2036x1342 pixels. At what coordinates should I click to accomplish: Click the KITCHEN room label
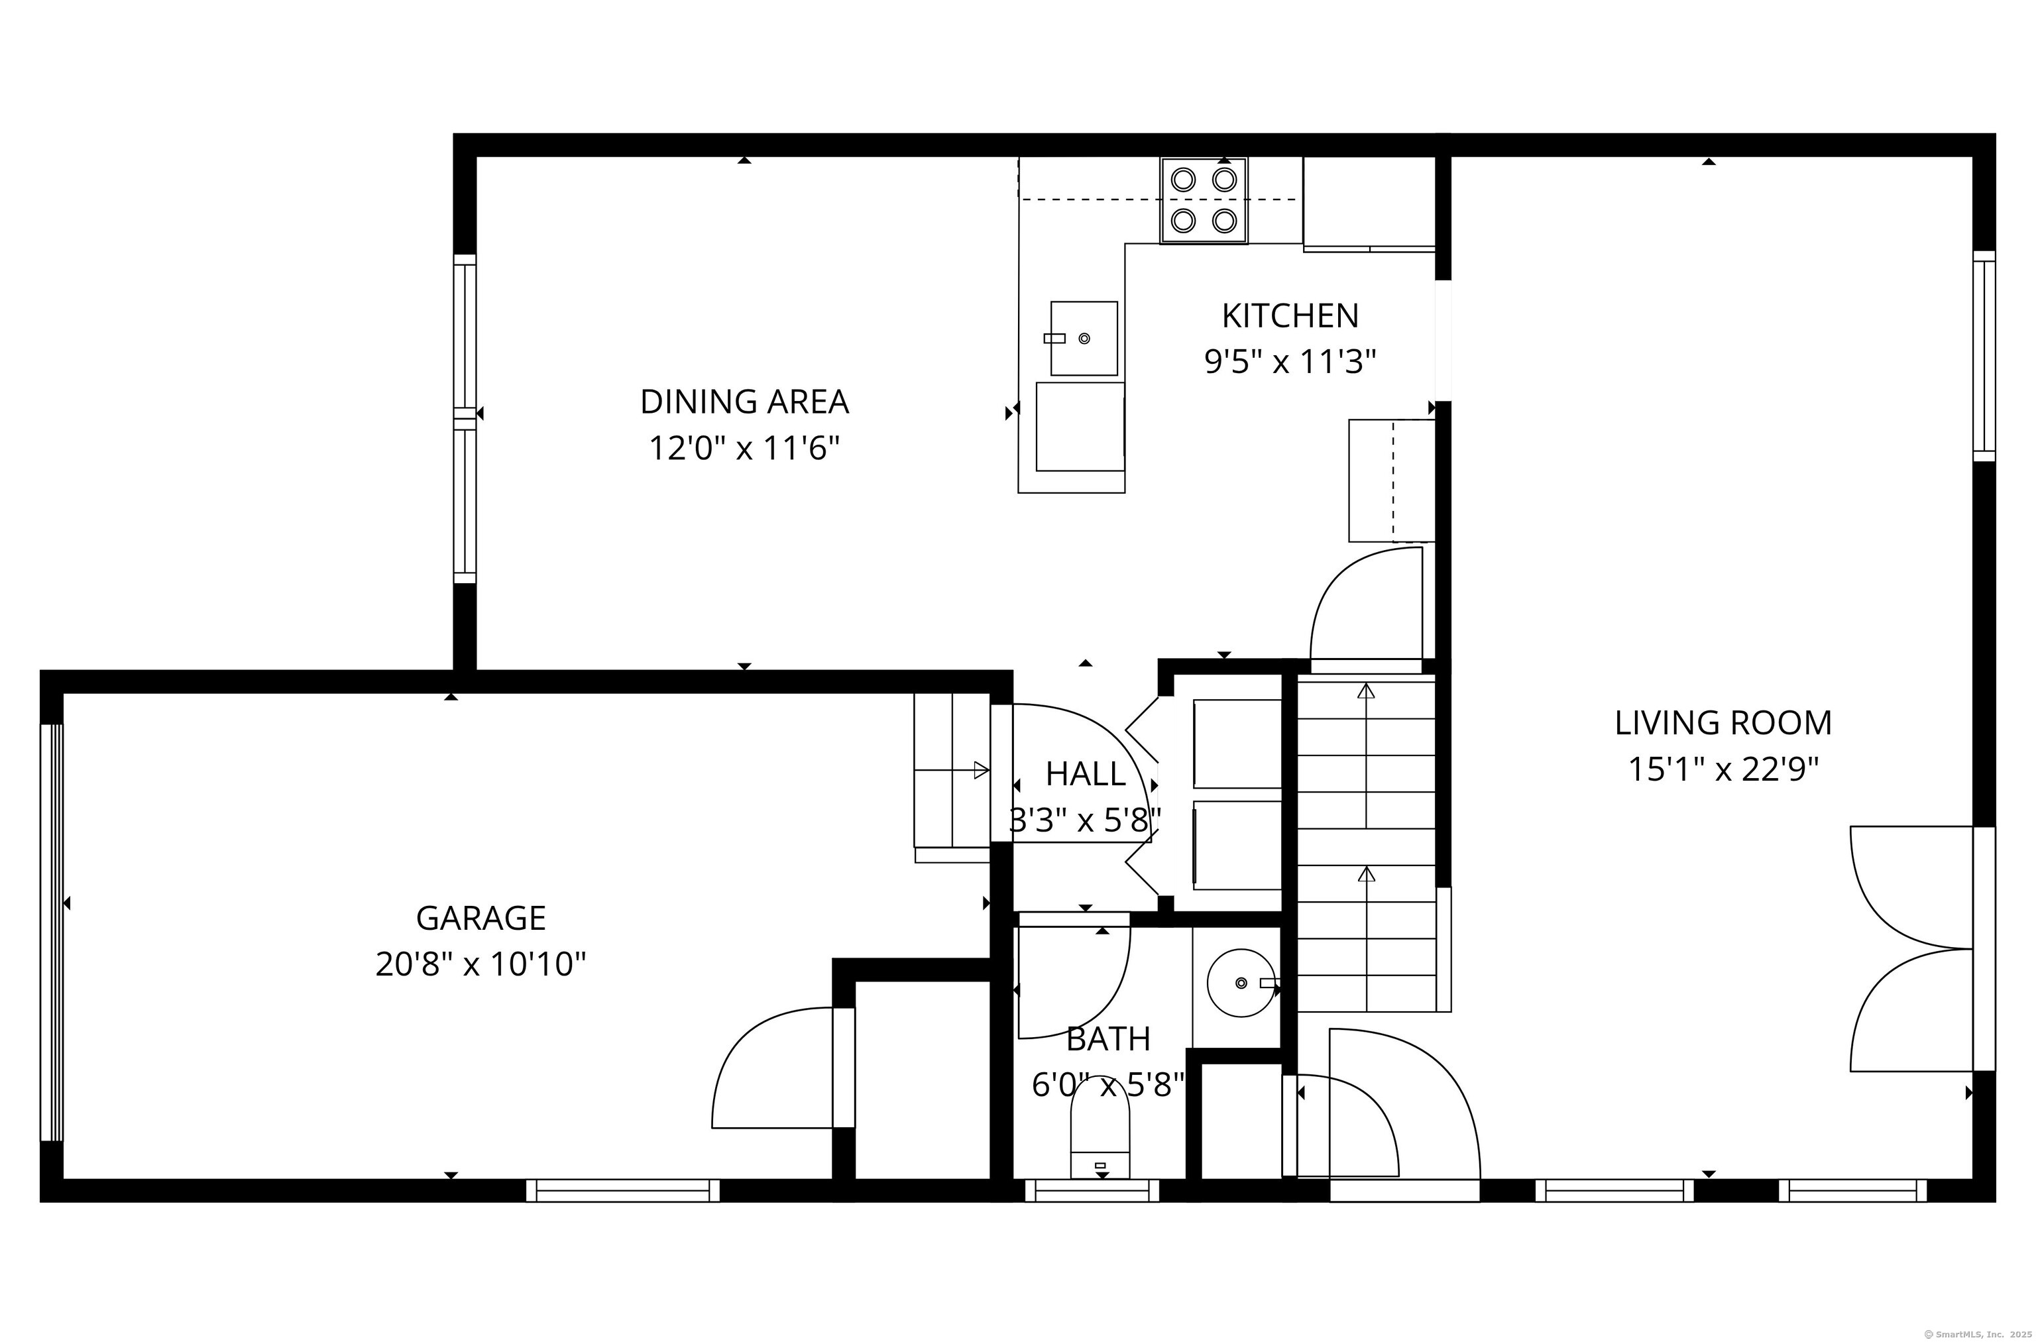1290,316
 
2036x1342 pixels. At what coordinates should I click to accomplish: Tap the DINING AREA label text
744,402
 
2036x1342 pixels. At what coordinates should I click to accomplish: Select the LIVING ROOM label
1723,723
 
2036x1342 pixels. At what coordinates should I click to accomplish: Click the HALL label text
1085,773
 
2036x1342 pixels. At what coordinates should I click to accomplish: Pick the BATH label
1108,1039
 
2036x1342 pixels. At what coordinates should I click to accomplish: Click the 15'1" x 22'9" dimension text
1723,769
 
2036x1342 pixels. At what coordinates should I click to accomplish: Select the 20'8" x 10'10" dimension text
481,964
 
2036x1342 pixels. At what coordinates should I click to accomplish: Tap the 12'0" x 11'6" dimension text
744,447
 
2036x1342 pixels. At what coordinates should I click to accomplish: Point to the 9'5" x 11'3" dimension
1290,362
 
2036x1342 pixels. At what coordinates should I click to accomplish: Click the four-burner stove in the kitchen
1204,200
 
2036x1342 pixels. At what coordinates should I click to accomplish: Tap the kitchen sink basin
1084,338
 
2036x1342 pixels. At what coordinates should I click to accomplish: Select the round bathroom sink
1241,983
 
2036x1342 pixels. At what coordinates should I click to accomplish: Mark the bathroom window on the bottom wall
1092,1190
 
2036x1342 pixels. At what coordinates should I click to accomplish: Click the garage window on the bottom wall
623,1190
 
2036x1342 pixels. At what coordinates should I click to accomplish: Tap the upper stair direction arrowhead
1366,691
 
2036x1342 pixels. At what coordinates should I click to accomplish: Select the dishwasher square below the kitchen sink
1080,426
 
